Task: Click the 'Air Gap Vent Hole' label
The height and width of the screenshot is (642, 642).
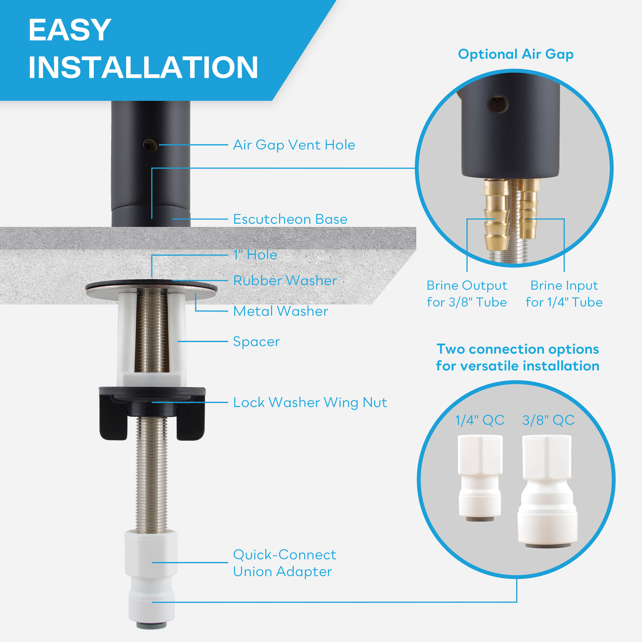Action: point(294,145)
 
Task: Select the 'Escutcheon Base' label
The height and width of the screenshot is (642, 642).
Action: point(290,219)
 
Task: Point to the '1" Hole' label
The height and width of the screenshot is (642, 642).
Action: point(255,255)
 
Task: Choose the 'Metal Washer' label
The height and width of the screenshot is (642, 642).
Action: point(280,311)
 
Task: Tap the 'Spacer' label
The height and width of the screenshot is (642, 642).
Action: point(256,342)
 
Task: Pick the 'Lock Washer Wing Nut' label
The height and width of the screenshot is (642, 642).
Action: point(310,403)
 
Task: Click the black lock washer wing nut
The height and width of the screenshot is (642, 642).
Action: point(152,413)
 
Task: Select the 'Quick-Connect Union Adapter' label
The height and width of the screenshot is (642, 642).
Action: point(284,563)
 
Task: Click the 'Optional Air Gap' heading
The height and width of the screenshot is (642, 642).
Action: point(516,54)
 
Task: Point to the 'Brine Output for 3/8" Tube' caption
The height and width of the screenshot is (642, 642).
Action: point(467,294)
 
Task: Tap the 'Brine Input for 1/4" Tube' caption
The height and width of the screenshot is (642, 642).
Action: point(564,294)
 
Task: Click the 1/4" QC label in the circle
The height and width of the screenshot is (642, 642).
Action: point(479,420)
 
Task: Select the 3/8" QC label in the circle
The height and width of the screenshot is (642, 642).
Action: point(548,420)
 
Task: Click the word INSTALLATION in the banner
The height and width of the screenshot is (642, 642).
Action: point(143,67)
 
